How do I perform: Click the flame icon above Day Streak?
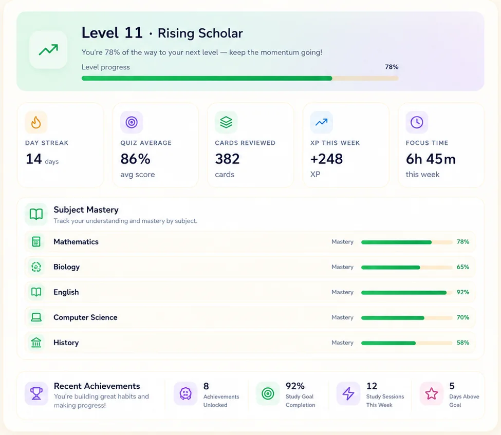(36, 122)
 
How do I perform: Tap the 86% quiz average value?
(135, 159)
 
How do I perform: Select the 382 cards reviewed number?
(227, 159)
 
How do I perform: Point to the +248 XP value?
(326, 159)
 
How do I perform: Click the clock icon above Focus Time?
(417, 122)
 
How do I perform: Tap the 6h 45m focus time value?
(431, 159)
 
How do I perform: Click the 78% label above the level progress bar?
(392, 67)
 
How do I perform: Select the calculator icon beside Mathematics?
(36, 242)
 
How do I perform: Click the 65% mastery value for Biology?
(462, 267)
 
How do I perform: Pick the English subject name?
(66, 292)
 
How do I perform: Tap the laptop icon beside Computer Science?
(36, 317)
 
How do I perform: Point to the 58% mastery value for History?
(462, 343)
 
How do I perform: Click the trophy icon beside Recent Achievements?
(36, 393)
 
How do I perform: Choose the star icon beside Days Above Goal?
(431, 393)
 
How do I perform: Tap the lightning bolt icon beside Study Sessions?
(348, 393)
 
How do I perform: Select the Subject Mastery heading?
(86, 210)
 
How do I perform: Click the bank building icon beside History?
(36, 343)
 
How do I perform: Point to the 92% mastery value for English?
(462, 292)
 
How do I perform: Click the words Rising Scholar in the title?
(200, 33)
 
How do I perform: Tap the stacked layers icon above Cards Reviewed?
(226, 122)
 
